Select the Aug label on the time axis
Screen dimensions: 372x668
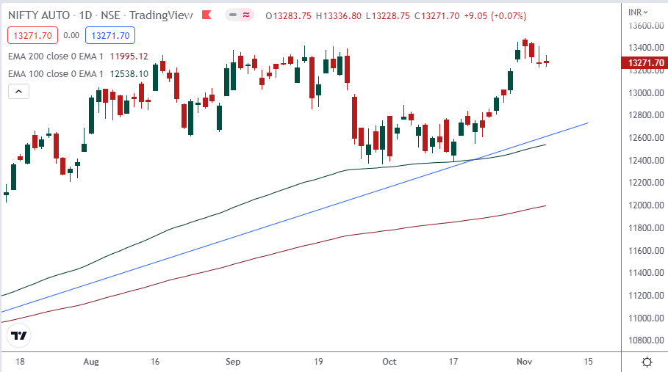91,362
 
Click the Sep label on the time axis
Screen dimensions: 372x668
233,362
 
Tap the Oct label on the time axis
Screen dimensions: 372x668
389,362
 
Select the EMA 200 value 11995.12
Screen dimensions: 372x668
129,56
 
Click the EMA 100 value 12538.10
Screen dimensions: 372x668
129,73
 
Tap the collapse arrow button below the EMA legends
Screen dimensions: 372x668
18,92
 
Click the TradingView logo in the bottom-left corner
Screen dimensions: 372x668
19,336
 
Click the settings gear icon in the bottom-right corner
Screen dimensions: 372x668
647,362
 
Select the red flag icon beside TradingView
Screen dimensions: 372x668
207,15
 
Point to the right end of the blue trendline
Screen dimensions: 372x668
588,123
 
